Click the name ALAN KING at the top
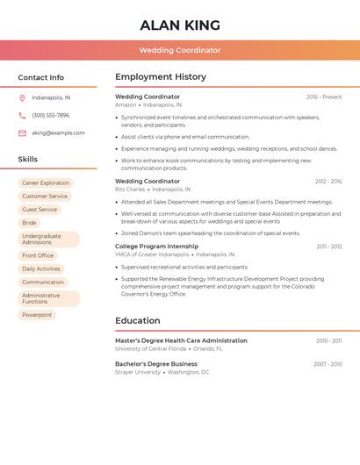pos(180,25)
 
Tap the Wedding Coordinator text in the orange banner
pos(180,51)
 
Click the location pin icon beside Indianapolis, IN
pos(22,98)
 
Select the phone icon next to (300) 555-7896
pos(22,116)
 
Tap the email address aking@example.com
pos(58,133)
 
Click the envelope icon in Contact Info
pos(22,133)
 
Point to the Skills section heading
pos(28,160)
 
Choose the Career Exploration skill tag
pos(46,183)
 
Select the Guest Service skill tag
pos(40,210)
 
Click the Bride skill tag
pos(29,223)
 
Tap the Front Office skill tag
pos(38,256)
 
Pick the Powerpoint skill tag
pos(37,315)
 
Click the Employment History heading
pos(161,77)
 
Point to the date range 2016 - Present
pos(324,97)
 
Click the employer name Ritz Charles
pos(130,190)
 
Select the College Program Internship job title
pos(156,247)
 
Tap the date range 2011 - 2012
pos(329,247)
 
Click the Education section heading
pos(137,321)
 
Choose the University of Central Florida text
pos(150,348)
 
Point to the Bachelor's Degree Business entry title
pos(156,364)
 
